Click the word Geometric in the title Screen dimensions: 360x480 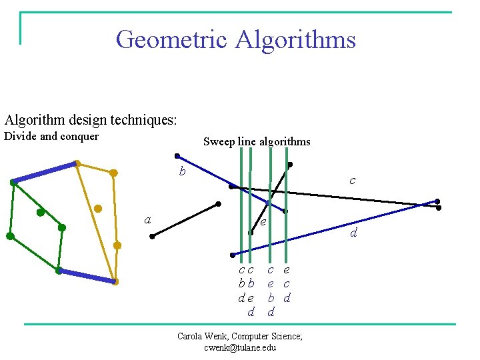(x=171, y=39)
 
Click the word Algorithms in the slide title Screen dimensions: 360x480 (x=295, y=39)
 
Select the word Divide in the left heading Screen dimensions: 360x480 (x=21, y=137)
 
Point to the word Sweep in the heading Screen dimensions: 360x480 (x=218, y=141)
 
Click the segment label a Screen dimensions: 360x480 (x=147, y=220)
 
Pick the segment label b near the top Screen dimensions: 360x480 (x=181, y=172)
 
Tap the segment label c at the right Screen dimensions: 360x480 (x=352, y=181)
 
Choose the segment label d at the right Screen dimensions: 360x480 (x=353, y=233)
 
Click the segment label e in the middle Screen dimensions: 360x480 (x=263, y=221)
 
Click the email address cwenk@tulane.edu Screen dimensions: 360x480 (x=240, y=347)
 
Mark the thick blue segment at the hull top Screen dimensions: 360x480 (x=45, y=172)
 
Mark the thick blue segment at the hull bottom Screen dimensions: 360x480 (x=87, y=276)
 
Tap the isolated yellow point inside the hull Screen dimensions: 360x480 (x=98, y=209)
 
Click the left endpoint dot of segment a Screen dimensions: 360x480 (x=152, y=236)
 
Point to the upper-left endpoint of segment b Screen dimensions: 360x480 (x=177, y=156)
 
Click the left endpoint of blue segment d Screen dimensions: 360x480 (x=232, y=255)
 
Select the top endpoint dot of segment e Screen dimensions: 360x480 (x=289, y=164)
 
